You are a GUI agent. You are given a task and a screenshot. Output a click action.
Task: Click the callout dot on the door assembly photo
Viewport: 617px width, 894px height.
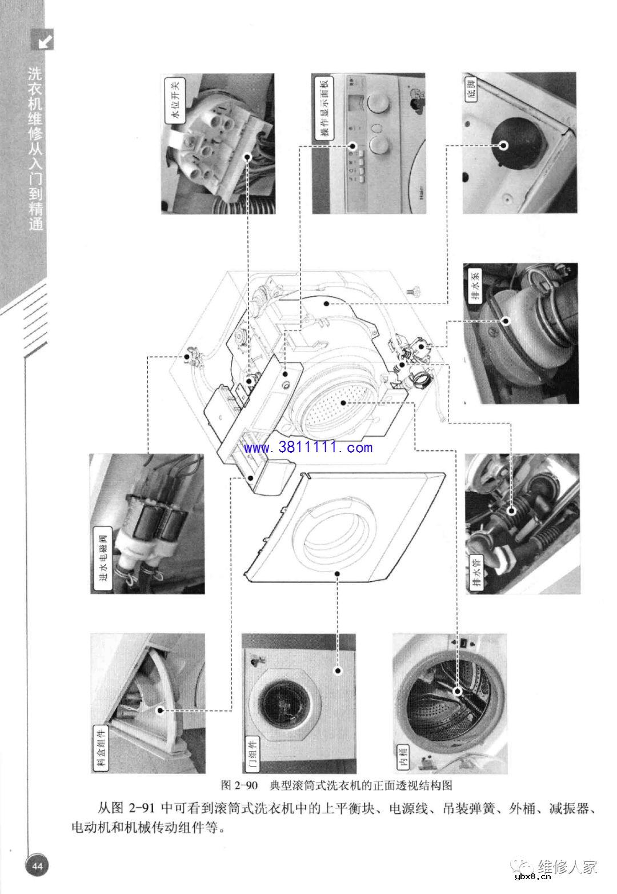coord(338,671)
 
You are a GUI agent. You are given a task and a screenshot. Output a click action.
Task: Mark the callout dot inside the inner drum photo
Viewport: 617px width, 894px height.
coord(457,691)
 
